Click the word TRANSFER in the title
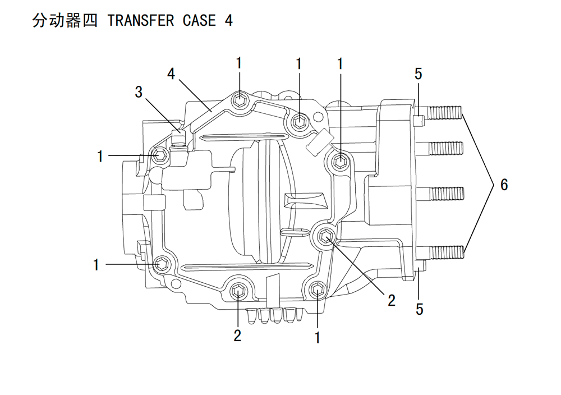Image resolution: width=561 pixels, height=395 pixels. tap(141, 20)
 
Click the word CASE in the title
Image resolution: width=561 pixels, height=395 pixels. tap(199, 20)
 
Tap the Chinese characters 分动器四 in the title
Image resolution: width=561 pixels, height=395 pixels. tap(65, 20)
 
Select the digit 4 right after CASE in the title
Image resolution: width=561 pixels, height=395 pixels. tap(229, 20)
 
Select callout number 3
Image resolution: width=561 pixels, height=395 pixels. tap(139, 92)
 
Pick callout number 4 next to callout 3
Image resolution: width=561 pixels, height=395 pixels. tap(171, 74)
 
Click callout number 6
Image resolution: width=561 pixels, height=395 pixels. tap(504, 185)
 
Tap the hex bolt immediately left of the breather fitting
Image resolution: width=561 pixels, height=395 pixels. tap(159, 155)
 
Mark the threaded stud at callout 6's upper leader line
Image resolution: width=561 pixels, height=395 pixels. tap(445, 113)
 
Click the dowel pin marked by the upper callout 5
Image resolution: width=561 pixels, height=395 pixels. tap(418, 121)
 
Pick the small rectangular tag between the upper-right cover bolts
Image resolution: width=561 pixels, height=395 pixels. tap(320, 143)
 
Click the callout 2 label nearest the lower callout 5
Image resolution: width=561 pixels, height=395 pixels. tap(392, 301)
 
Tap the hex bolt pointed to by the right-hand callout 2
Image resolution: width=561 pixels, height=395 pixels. tap(325, 237)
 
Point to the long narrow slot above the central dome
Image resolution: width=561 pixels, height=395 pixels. tap(244, 137)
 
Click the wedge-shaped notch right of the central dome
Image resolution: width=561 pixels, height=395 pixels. tap(305, 200)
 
